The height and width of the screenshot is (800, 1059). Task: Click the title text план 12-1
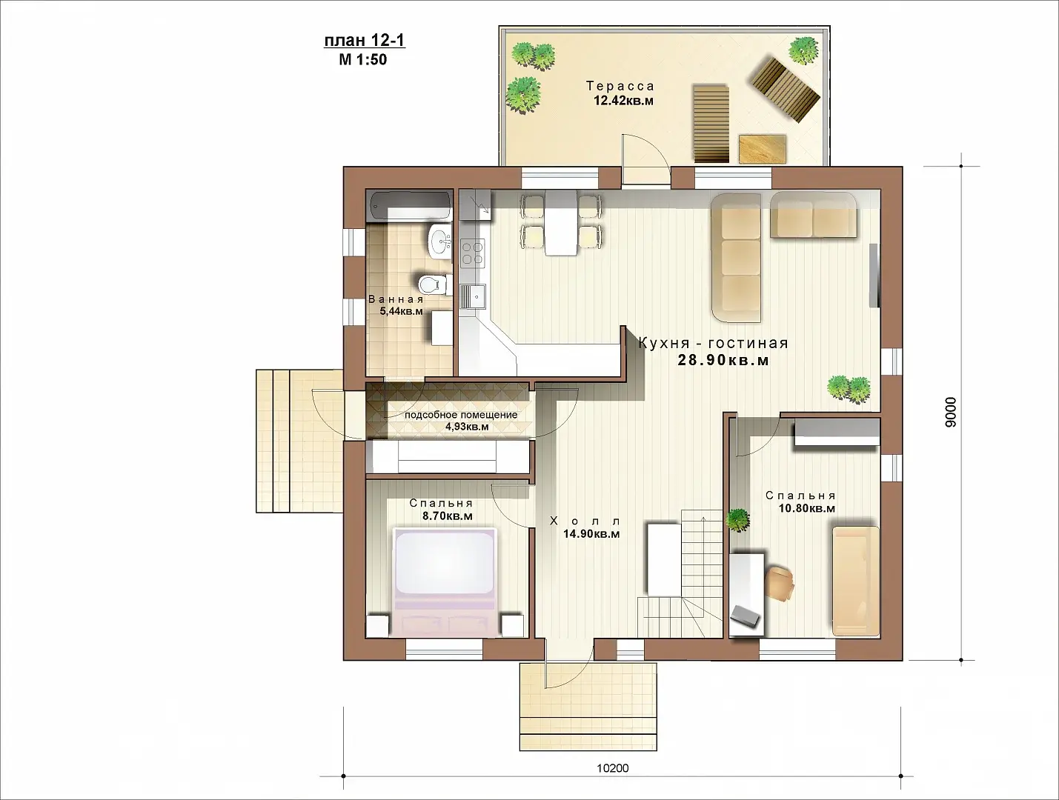(x=365, y=41)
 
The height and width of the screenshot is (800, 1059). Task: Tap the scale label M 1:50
(x=363, y=60)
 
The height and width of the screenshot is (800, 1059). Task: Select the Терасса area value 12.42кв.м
(x=623, y=101)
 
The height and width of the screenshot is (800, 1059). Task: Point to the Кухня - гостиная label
(x=713, y=343)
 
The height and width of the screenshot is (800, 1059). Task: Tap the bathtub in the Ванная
(x=409, y=206)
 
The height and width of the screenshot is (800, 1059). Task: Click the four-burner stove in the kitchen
(x=472, y=253)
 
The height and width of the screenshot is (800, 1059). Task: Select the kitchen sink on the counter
(x=473, y=298)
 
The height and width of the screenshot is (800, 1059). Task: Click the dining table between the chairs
(x=561, y=222)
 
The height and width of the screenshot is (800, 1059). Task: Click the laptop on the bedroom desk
(x=746, y=618)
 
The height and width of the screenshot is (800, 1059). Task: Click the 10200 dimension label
(x=613, y=768)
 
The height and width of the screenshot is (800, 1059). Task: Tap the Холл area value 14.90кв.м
(x=591, y=534)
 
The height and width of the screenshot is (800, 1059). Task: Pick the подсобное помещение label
(x=461, y=415)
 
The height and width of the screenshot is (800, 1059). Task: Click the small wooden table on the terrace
(x=763, y=150)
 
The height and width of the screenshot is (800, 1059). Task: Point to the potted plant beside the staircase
(x=738, y=520)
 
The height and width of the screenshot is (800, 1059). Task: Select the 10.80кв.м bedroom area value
(x=807, y=507)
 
